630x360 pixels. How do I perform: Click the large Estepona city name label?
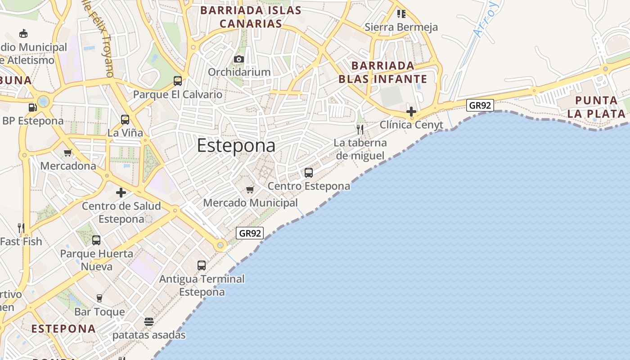coord(236,146)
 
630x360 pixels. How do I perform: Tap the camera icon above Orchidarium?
coord(239,59)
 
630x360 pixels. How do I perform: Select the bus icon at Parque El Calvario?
coord(178,81)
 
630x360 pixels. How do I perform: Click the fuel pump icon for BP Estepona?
coord(32,108)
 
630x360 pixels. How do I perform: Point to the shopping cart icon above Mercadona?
coord(68,153)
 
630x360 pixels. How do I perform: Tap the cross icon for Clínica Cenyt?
coord(411,111)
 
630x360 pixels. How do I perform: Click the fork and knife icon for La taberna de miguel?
coord(360,130)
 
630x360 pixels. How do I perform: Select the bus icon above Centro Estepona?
coord(309,172)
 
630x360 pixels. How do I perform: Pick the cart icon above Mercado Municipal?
coord(250,189)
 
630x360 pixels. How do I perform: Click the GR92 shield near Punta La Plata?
coord(480,106)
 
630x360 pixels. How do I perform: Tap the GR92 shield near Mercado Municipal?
coord(250,233)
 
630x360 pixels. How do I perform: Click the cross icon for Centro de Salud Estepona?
coord(121,193)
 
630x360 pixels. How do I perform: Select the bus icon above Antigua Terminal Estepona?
coord(202,265)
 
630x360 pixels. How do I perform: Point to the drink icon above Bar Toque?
coord(99,298)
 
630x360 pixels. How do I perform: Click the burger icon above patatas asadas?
coord(149,322)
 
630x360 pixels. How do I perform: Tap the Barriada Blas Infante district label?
coord(382,72)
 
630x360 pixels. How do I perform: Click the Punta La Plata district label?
coord(596,107)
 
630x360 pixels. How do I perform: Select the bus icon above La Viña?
coord(125,120)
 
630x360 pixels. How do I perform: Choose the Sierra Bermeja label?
coord(401,27)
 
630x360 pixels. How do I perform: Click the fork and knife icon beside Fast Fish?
coord(21,228)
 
